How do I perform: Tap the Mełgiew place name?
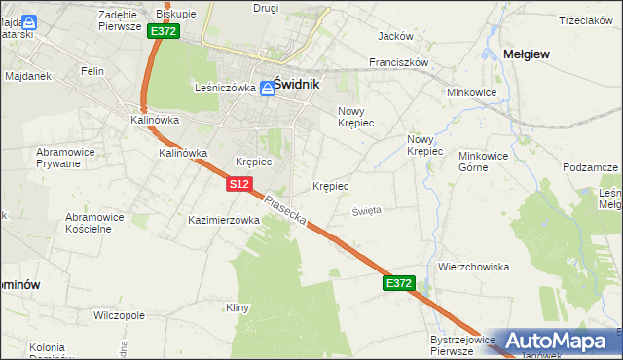pos(527,54)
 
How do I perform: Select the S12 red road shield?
pos(240,183)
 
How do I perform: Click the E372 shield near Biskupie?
pos(164,31)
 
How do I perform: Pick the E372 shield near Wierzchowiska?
pos(399,283)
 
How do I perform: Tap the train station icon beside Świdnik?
pos(266,88)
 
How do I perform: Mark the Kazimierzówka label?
pos(224,220)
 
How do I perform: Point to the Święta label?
pos(367,209)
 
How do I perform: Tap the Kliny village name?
pos(238,307)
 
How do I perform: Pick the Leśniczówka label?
pos(225,87)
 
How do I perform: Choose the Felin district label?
pos(92,71)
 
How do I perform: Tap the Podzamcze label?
pos(590,167)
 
